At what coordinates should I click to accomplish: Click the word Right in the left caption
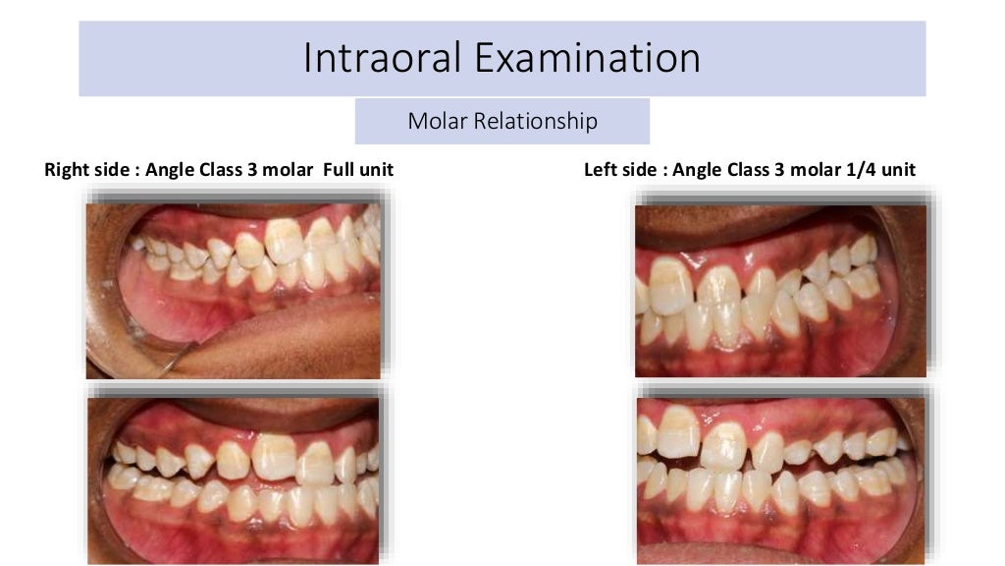[67, 170]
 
